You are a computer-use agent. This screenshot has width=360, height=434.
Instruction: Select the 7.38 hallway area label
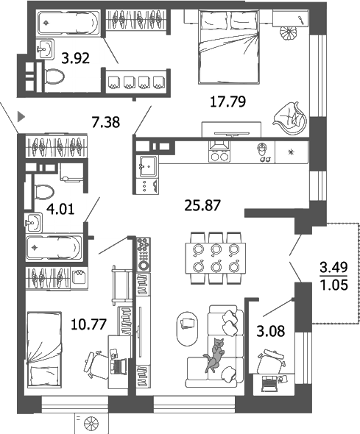106,121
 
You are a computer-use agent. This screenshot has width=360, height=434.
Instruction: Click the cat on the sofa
216,354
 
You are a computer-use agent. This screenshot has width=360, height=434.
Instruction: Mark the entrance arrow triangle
21,115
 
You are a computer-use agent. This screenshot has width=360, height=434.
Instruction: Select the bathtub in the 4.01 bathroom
54,248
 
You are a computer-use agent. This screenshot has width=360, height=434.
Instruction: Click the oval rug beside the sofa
186,325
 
